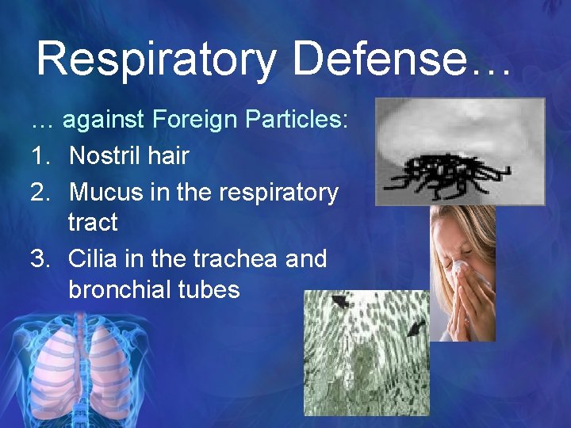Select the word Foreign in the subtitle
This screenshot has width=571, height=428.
194,120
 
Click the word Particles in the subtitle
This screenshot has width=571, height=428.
298,120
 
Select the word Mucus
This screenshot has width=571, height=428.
105,193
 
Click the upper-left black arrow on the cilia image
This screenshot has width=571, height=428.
340,301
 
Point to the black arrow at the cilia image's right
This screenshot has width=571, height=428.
415,327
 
